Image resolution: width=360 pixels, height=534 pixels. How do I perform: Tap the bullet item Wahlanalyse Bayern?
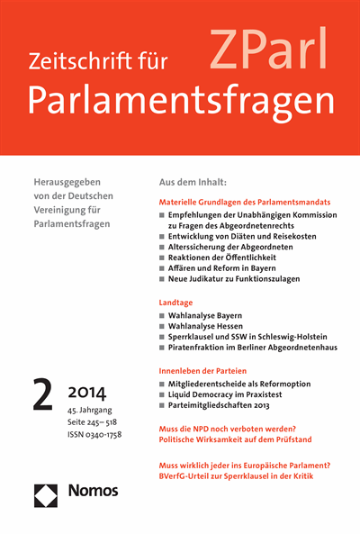coord(207,318)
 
